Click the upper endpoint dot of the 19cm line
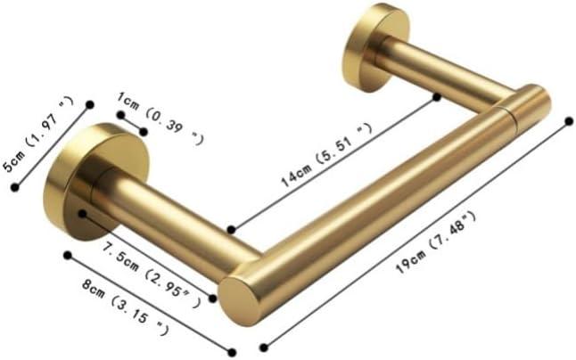coord(569,119)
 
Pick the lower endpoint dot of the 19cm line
coord(262,347)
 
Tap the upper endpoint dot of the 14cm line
coord(437,94)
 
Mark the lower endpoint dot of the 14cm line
coord(231,229)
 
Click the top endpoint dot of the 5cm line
coord(89,104)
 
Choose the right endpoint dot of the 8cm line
coord(232,351)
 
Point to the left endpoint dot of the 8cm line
coord(68,255)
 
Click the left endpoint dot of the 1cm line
coord(120,114)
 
